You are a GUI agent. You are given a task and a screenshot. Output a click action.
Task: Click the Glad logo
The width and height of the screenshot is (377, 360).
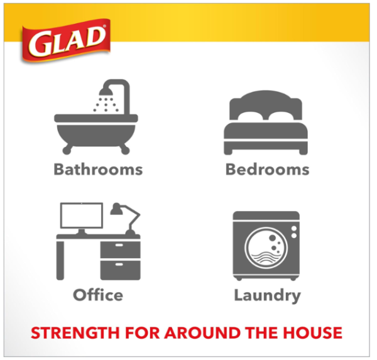(66, 40)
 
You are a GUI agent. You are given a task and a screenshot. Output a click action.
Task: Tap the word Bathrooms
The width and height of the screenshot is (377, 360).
(98, 170)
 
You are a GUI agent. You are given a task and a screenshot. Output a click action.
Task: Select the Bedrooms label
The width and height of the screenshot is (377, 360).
(268, 170)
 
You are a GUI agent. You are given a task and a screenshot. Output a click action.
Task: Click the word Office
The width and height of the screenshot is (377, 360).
(98, 295)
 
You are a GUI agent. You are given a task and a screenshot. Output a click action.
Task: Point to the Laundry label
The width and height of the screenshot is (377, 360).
(268, 296)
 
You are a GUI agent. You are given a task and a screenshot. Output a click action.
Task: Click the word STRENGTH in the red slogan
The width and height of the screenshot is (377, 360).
(75, 333)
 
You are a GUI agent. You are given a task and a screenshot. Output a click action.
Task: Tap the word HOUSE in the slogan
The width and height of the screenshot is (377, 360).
(312, 333)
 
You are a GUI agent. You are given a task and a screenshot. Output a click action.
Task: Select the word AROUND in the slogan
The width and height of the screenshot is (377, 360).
(202, 333)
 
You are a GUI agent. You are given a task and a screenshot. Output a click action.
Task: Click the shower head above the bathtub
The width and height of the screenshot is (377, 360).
(106, 91)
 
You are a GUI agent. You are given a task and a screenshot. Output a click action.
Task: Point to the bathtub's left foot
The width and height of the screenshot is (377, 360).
(67, 150)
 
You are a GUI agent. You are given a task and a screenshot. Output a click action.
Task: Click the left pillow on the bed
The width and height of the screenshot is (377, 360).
(250, 116)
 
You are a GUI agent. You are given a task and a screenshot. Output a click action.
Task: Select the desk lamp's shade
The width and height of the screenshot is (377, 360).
(116, 209)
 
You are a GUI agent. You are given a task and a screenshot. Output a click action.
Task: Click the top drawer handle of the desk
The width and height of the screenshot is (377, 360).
(119, 245)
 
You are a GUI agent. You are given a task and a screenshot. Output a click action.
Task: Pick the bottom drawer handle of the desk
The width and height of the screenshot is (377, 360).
(119, 265)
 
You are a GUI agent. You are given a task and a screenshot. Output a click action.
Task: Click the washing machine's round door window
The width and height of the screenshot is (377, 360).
(266, 248)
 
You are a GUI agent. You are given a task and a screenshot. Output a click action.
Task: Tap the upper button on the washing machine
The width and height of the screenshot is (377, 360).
(294, 229)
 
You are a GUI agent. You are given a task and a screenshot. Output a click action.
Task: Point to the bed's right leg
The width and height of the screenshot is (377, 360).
(303, 152)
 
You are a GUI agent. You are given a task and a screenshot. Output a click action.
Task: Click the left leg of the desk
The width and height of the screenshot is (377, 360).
(60, 260)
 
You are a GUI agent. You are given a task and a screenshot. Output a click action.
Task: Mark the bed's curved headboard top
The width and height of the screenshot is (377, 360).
(266, 94)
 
